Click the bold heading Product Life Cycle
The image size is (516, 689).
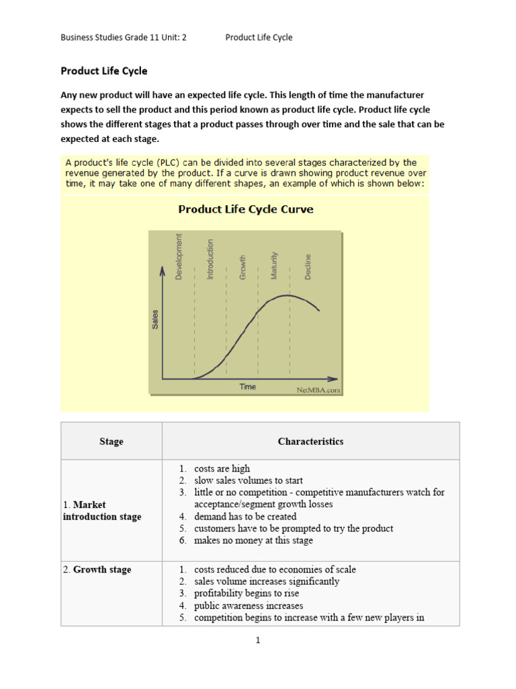click(x=104, y=71)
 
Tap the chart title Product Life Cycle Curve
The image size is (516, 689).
click(x=245, y=209)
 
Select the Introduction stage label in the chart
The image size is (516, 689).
click(x=210, y=259)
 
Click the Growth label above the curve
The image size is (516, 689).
click(x=243, y=267)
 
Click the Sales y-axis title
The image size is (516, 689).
click(x=155, y=318)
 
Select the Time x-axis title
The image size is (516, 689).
click(x=247, y=387)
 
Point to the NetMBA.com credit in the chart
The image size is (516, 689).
click(x=318, y=389)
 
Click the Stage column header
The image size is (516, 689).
click(x=112, y=441)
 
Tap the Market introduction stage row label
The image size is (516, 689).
click(x=101, y=511)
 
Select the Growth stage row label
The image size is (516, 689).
click(x=97, y=569)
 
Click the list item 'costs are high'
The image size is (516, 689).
click(x=222, y=468)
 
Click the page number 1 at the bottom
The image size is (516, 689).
click(x=257, y=641)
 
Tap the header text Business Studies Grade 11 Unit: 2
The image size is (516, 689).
click(x=124, y=38)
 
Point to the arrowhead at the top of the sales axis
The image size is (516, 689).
click(x=162, y=270)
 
